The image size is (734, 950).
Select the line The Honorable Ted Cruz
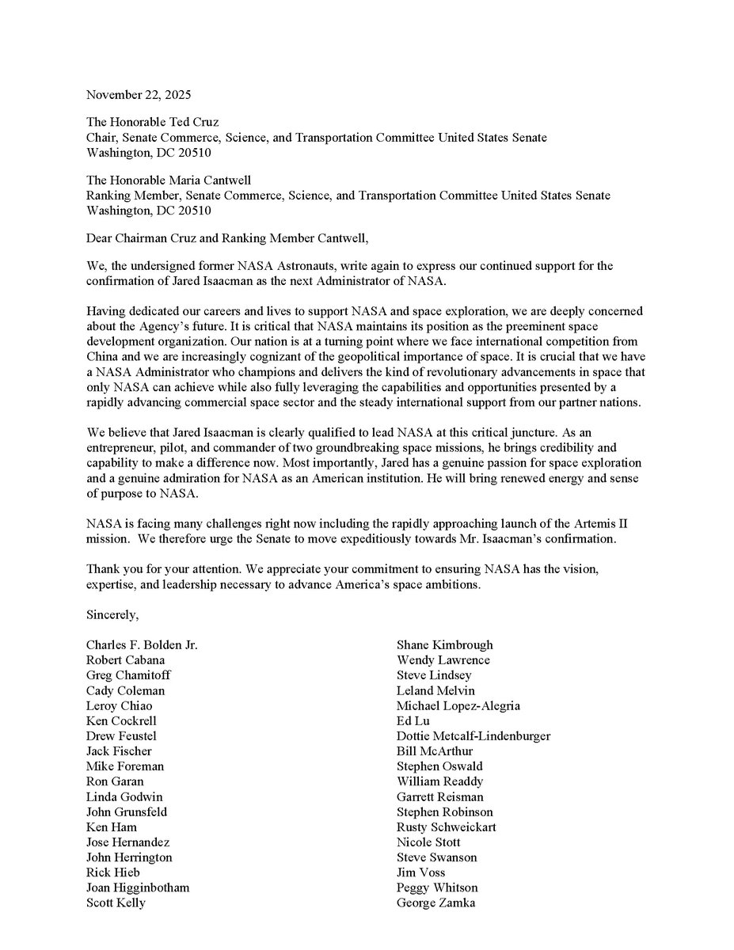coord(153,122)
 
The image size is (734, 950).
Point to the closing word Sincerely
coord(112,614)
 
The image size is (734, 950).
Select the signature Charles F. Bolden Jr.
coord(142,644)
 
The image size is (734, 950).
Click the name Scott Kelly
coord(116,902)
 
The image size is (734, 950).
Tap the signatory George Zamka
coord(436,902)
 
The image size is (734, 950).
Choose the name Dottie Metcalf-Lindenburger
coord(473,735)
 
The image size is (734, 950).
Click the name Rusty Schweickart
coord(447,826)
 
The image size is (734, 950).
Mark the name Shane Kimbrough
coord(444,644)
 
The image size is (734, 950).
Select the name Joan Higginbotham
coord(138,887)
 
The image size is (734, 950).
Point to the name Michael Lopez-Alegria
coord(458,705)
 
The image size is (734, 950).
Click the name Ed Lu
coord(410,720)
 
